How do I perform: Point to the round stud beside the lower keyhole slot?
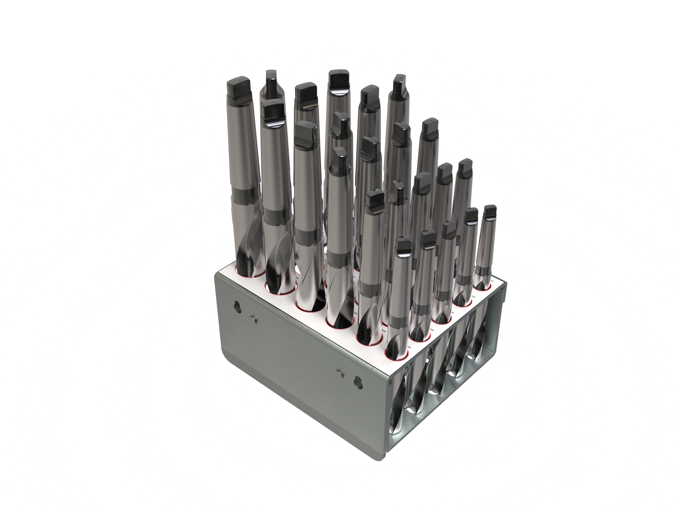click(341, 374)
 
